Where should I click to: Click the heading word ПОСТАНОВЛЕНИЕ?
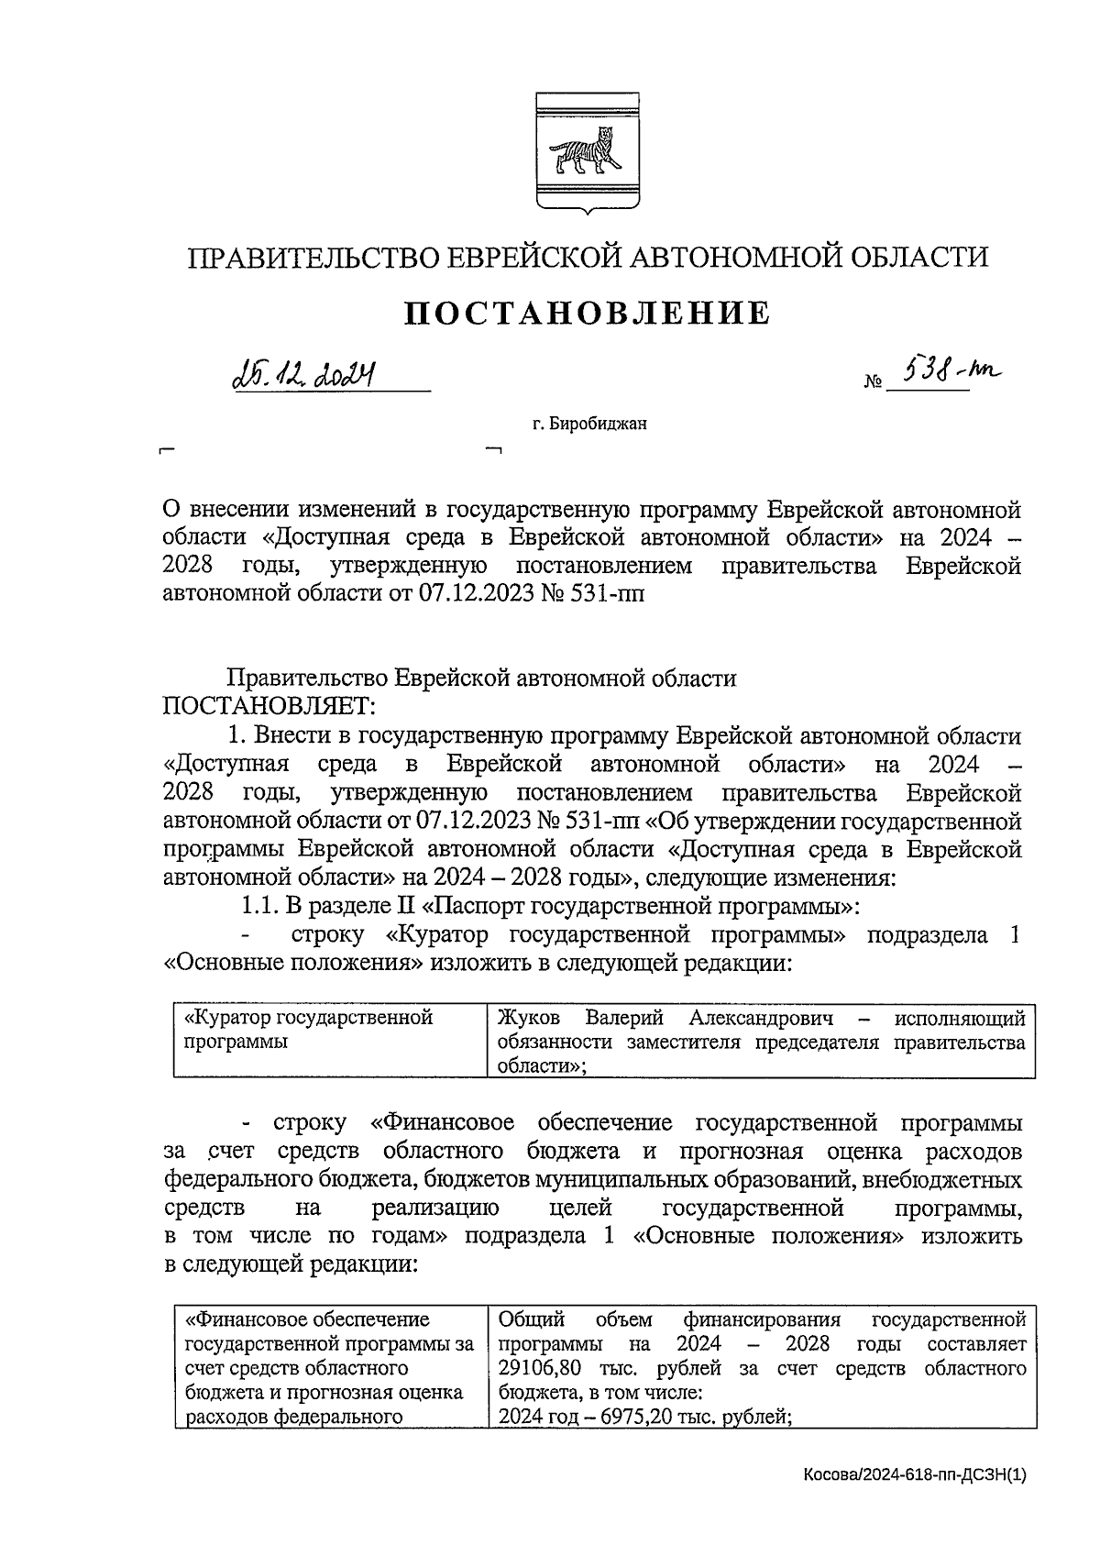pyautogui.click(x=587, y=314)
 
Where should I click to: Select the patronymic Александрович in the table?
pyautogui.click(x=761, y=1018)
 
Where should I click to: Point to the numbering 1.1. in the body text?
pyautogui.click(x=260, y=907)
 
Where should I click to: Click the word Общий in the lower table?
pyautogui.click(x=531, y=1320)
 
